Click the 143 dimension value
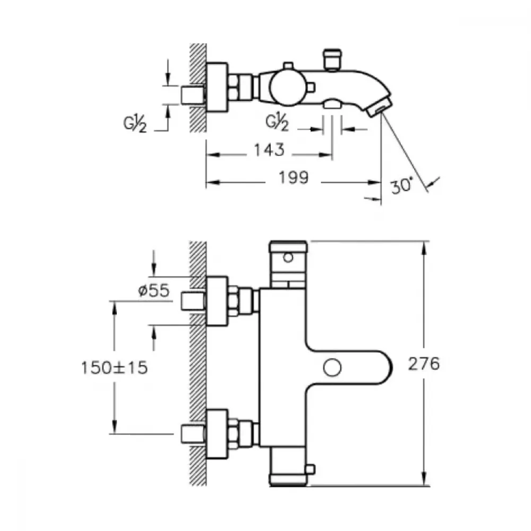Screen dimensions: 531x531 coord(270,150)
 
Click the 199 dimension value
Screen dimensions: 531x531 coord(294,178)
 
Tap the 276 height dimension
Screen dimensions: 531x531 coord(424,364)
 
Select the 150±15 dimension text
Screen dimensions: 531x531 coord(115,367)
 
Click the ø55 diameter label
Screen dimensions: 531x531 coord(154,290)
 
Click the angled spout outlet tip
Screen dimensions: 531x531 coord(379,107)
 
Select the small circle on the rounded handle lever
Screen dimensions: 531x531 coord(332,368)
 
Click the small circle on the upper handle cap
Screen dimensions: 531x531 coord(288,258)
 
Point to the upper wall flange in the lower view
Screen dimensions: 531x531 coord(217,301)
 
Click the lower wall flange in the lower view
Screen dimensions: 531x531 coord(217,434)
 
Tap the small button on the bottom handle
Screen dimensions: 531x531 coord(311,469)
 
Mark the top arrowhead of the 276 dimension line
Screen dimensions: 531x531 coord(424,248)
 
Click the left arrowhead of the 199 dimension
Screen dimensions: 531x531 coord(213,183)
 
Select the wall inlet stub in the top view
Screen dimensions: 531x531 coord(193,95)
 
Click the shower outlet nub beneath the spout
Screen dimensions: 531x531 coord(332,104)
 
